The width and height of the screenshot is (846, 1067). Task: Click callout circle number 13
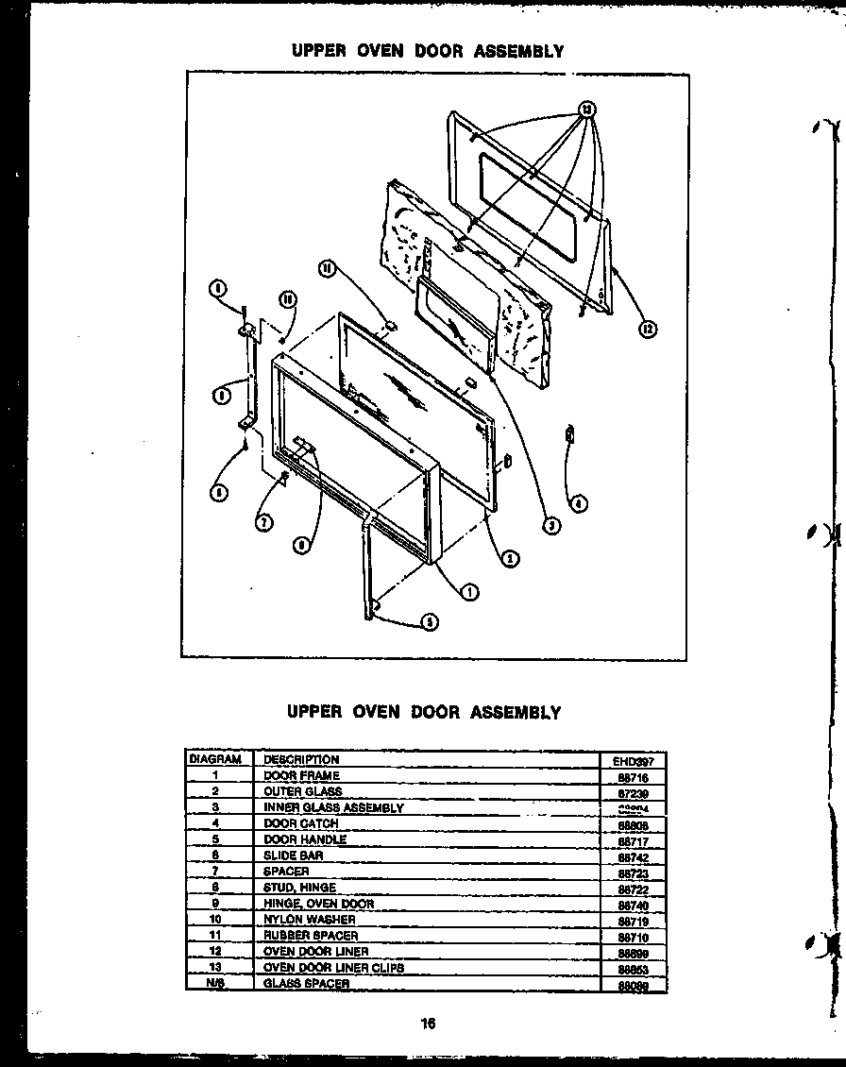[586, 110]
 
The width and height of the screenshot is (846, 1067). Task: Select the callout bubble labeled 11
[327, 269]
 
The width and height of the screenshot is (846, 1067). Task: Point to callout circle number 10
[287, 298]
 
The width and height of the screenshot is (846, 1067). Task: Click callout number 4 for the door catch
[578, 501]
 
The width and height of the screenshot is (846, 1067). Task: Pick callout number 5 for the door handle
[430, 621]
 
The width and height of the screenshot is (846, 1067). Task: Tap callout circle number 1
[468, 591]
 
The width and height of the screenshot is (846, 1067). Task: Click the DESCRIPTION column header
[301, 759]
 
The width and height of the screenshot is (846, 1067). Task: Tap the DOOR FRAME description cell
[301, 775]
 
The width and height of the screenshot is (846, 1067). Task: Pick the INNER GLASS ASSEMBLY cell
[333, 807]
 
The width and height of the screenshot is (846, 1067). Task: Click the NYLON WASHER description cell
[309, 919]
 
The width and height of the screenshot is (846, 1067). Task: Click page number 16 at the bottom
[429, 1023]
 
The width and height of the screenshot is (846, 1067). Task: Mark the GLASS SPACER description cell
[306, 983]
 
